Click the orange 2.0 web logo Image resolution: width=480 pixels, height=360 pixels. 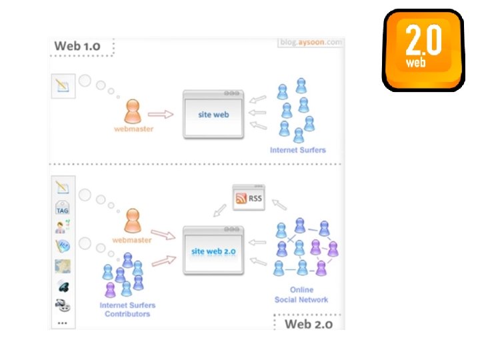423,50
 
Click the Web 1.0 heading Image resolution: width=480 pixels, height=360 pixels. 78,47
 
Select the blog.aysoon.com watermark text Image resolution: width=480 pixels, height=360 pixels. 311,43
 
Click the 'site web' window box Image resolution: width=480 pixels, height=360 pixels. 213,114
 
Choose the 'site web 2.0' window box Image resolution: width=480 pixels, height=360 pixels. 213,251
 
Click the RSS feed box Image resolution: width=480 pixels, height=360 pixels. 249,198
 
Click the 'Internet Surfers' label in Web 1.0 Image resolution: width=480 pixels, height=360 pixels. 297,150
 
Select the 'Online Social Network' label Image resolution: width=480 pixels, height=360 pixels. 301,295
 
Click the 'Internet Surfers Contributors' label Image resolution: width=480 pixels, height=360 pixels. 127,309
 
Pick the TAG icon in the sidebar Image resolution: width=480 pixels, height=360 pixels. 63,207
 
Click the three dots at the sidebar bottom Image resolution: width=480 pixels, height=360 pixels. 63,323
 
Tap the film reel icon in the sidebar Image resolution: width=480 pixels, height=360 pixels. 63,305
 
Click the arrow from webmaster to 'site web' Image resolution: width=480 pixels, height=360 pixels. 161,114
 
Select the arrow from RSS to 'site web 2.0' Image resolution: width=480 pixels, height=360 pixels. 218,211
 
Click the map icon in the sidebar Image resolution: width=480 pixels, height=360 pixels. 63,266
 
